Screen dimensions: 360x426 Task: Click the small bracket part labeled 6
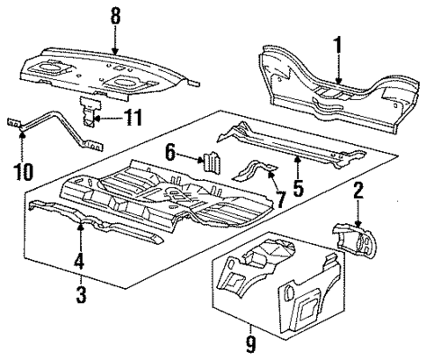coord(212,162)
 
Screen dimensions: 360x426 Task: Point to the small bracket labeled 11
coord(88,114)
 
